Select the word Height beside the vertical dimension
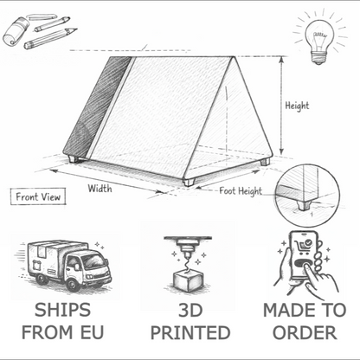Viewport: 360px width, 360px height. [x=297, y=106]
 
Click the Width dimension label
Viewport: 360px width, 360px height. [x=100, y=187]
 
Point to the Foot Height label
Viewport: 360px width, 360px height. [x=240, y=190]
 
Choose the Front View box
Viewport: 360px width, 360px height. [x=38, y=196]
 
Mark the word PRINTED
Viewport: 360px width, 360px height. [x=190, y=332]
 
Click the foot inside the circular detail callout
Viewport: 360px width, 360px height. [x=302, y=204]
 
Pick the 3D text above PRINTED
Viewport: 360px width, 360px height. [x=190, y=310]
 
